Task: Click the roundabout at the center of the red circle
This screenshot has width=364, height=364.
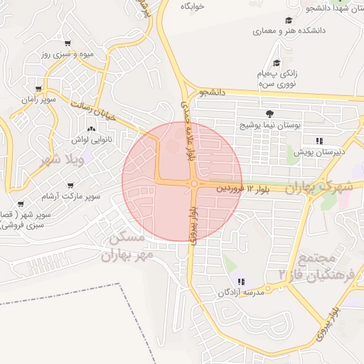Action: (193, 184)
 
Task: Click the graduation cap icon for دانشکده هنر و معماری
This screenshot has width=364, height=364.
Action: (289, 20)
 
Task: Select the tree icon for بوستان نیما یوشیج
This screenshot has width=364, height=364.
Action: (269, 114)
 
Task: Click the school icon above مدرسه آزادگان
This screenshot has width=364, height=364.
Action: (241, 282)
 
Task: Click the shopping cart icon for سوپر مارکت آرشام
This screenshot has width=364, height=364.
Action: (70, 185)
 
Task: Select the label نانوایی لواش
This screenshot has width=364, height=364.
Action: (90, 140)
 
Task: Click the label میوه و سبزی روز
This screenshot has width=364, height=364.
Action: (66, 54)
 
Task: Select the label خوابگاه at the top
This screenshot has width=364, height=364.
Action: (192, 6)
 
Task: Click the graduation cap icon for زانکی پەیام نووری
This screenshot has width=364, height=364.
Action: (277, 63)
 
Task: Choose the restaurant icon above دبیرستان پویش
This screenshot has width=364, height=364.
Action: (320, 141)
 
